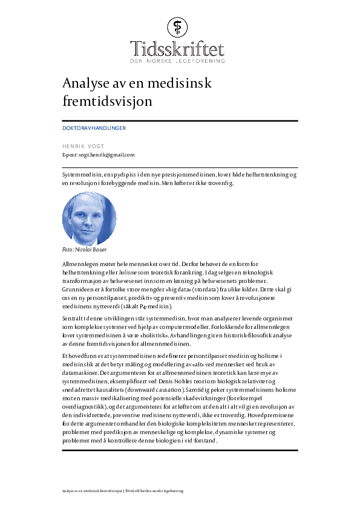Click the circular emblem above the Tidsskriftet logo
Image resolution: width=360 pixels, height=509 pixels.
[179, 27]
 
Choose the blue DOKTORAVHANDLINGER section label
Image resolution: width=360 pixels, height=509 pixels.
[94, 128]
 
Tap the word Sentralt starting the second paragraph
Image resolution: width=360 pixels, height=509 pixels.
[73, 318]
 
